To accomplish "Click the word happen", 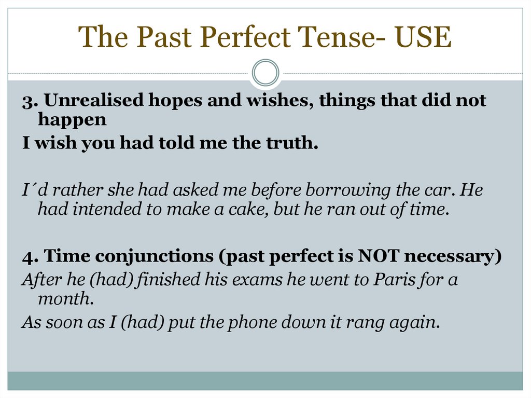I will [x=72, y=120].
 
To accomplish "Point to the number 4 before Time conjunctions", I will [x=27, y=256].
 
